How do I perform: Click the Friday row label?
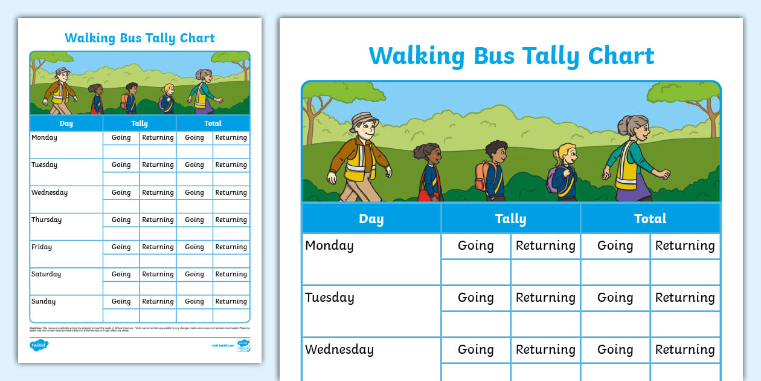tap(42, 247)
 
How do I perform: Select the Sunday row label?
tap(43, 302)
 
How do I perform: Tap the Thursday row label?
tap(47, 220)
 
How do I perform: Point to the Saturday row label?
tap(46, 275)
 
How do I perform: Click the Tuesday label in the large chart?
tap(329, 298)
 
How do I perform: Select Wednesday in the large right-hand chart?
tap(339, 350)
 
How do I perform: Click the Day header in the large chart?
tap(371, 219)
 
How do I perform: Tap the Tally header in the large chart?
tap(510, 219)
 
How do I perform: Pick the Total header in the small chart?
tap(213, 123)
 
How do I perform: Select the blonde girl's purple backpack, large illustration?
tap(553, 180)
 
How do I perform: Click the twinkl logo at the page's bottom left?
tap(39, 345)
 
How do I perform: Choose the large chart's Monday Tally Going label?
tap(475, 246)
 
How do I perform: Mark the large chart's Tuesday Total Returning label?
tap(685, 298)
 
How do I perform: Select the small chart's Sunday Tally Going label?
tap(121, 302)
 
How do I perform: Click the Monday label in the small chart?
tap(44, 138)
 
